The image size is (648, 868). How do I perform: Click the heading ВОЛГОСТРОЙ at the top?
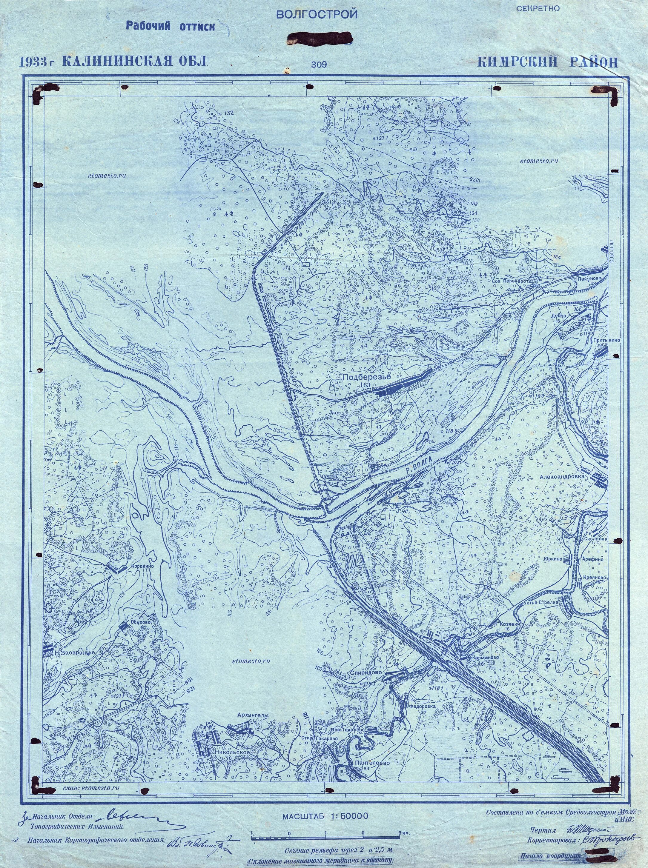[x=317, y=15]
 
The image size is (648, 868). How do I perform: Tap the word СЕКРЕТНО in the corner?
[x=538, y=9]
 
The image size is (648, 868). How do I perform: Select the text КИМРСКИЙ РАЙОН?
[x=548, y=62]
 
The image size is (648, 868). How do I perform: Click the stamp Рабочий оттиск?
[x=170, y=26]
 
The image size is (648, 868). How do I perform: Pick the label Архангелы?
[x=253, y=715]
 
